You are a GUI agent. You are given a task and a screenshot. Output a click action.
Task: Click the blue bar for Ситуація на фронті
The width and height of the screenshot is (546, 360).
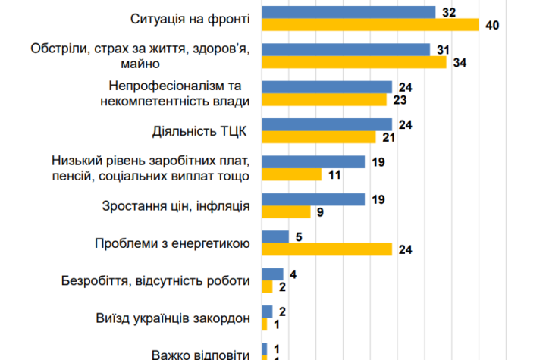tap(348, 11)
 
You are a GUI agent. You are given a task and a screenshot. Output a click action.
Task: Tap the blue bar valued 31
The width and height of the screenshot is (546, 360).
tap(346, 49)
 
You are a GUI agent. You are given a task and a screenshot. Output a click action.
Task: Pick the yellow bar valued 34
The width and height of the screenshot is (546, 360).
tap(354, 62)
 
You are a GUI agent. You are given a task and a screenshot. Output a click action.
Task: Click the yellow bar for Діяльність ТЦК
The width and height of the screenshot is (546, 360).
tap(318, 136)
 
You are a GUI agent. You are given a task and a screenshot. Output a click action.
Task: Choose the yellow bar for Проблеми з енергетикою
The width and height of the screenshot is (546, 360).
tap(327, 249)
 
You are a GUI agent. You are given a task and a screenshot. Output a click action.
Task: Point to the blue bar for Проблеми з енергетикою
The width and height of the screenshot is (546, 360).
tap(275, 236)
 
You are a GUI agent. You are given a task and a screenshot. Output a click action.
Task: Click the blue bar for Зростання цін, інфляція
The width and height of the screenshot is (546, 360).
tap(313, 199)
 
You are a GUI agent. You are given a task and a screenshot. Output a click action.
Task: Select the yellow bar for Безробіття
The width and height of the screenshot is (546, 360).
tap(267, 286)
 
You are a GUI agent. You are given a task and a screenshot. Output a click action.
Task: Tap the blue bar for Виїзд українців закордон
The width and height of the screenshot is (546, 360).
tap(267, 311)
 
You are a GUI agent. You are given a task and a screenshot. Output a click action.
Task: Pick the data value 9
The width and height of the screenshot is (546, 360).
tap(320, 212)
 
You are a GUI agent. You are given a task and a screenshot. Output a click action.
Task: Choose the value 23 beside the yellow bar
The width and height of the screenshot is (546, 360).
tap(398, 99)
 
